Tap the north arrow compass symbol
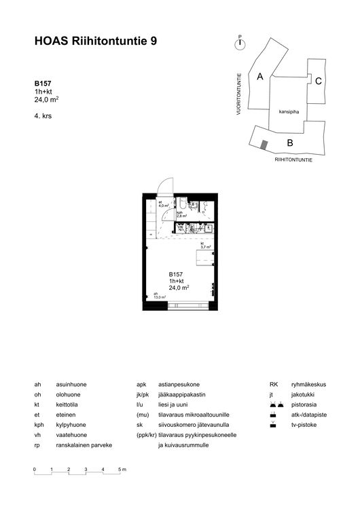point(239,44)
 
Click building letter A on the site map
point(260,77)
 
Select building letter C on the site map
point(318,81)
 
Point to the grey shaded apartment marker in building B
point(264,144)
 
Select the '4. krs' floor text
point(43,116)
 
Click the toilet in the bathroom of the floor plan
point(184,204)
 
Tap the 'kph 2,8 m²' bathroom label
point(181,214)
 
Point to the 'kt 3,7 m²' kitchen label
point(204,246)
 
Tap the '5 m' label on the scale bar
point(122,470)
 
